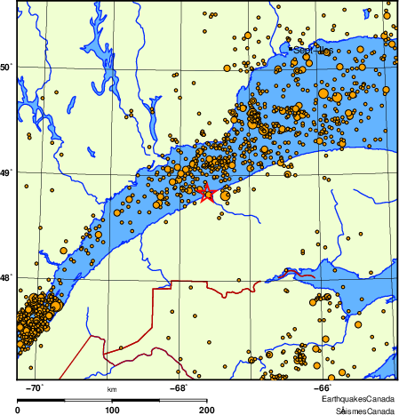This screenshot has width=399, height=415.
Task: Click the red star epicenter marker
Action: coord(208,193)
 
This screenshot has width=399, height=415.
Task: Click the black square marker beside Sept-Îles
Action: coord(308,53)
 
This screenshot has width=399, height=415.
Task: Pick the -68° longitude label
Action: coord(179,388)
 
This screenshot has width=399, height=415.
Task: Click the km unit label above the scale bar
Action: coord(112,389)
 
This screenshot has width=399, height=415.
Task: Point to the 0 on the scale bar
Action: coord(19,410)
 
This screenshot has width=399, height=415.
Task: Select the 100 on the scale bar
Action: coord(112,410)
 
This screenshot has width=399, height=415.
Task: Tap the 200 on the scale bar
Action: coord(206,410)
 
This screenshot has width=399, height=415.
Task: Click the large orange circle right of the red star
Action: coord(226,194)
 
